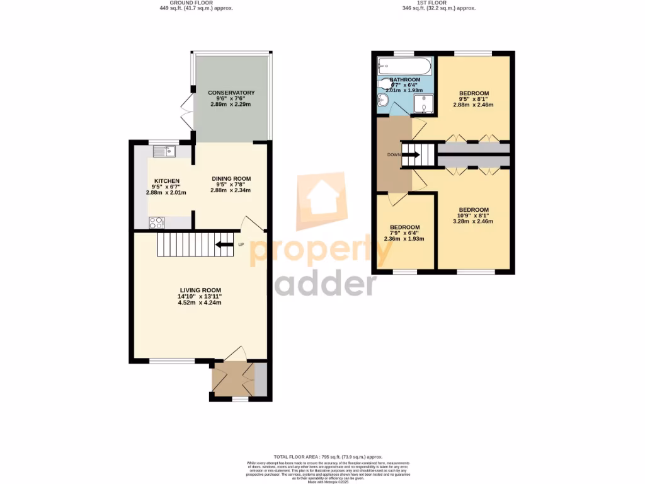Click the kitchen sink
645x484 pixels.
(164, 151)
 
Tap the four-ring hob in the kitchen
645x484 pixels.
(156, 222)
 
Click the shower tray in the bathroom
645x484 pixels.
(425, 106)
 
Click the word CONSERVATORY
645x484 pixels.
(231, 93)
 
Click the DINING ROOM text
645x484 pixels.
(231, 179)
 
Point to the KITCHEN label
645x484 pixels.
(167, 181)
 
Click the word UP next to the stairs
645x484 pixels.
(241, 245)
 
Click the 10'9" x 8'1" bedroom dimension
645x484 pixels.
(473, 216)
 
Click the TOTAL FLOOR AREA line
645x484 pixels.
(328, 456)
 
